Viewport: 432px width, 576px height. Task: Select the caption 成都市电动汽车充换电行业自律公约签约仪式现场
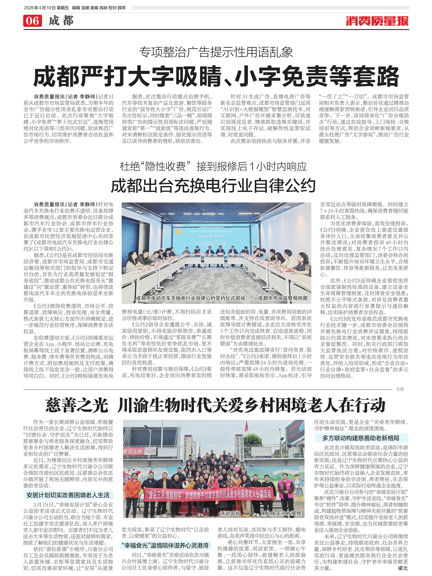pyautogui.click(x=190, y=298)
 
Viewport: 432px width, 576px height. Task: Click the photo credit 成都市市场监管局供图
pyautogui.click(x=283, y=298)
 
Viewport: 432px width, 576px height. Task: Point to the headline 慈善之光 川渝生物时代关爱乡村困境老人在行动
pyautogui.click(x=215, y=405)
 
